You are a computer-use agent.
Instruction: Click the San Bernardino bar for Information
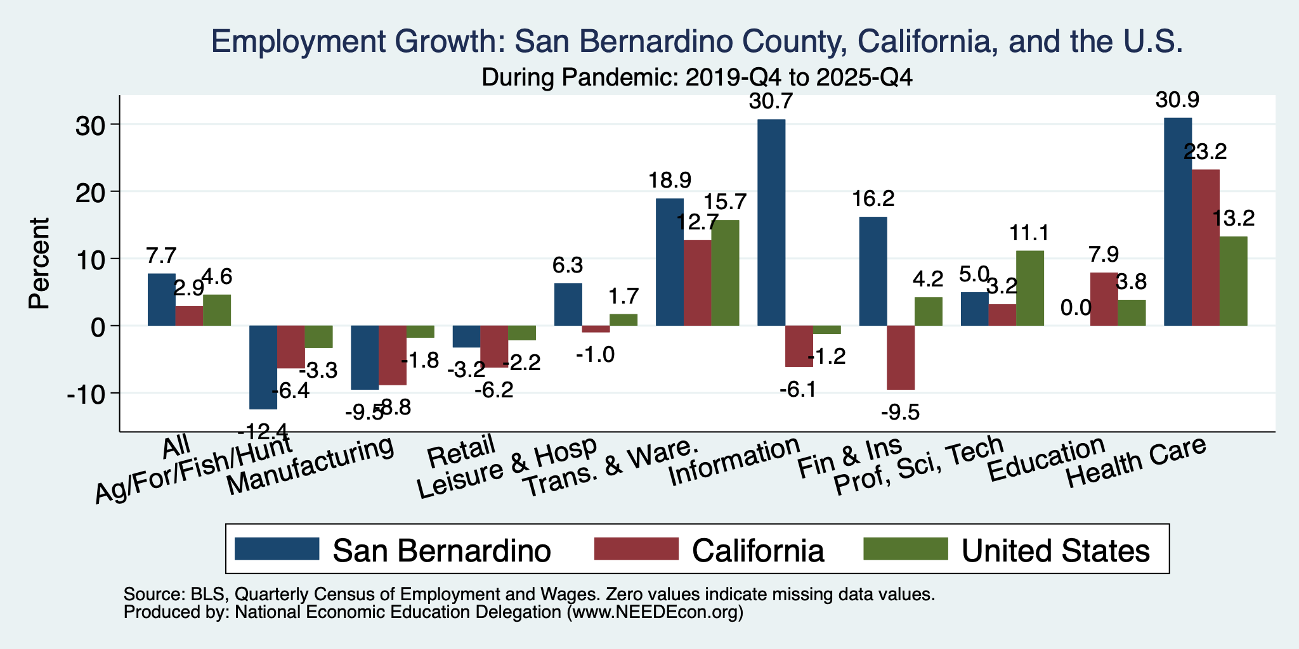coord(771,222)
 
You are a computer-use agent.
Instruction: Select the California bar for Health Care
coord(1205,248)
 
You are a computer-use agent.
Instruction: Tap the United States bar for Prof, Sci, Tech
coord(1030,288)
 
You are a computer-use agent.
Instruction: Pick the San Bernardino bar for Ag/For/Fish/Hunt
coord(263,368)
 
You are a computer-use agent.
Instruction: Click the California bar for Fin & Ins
coord(901,357)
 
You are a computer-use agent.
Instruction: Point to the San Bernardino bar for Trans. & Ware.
coord(670,262)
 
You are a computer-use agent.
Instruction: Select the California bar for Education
coord(1104,299)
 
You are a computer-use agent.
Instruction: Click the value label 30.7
coord(771,101)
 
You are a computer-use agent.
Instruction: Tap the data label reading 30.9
coord(1178,100)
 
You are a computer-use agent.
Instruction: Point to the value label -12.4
coord(263,432)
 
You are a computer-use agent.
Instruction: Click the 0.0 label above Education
coord(1076,308)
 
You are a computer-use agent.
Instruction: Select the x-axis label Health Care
coord(1135,463)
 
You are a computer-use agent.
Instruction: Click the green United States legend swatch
coord(906,549)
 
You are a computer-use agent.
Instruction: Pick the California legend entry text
coord(758,550)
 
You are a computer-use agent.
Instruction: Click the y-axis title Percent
coord(39,263)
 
